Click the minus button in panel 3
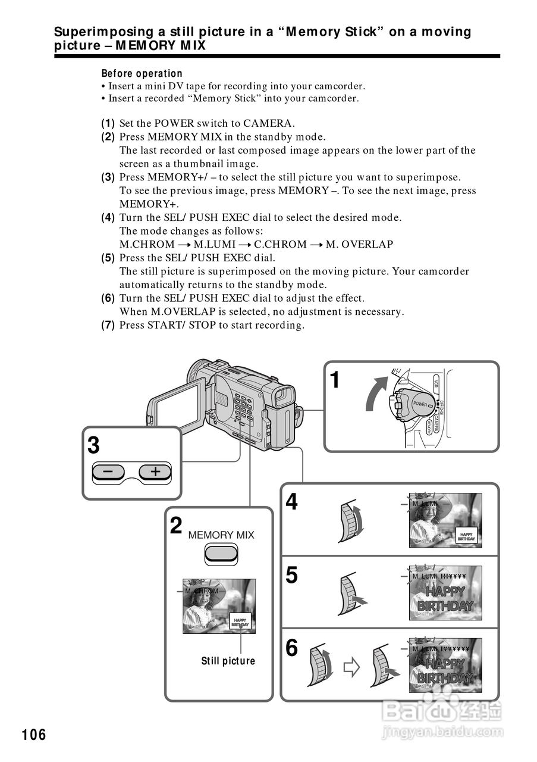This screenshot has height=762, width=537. pos(108,472)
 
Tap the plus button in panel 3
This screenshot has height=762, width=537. pos(155,472)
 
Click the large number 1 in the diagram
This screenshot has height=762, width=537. pos(336,380)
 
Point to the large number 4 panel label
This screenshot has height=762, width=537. pos(291,502)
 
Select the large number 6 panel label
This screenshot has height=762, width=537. pos(291,648)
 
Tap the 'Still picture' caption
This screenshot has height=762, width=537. pos(228,661)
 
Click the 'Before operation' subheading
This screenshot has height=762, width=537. pos(142,74)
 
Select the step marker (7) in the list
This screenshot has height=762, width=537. pos(108,325)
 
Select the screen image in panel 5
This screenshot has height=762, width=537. pos(445,593)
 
